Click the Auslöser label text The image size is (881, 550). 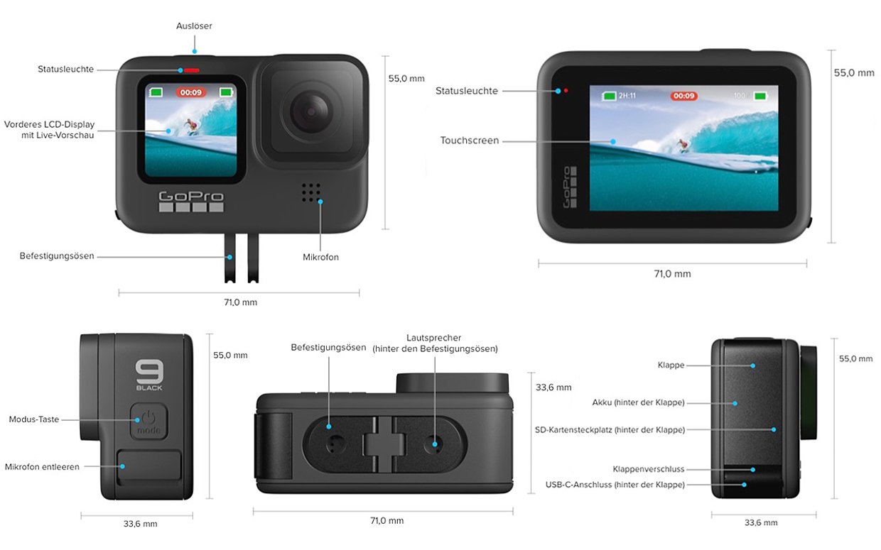point(194,26)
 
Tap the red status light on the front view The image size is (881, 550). point(192,70)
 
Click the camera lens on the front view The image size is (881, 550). point(310,112)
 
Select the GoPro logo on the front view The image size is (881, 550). point(191,201)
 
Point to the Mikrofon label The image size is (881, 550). point(320,258)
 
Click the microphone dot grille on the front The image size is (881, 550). point(310,192)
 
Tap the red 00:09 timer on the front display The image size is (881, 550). point(190,92)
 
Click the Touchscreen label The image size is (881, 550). point(469,141)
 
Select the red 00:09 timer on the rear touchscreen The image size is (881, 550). point(683,96)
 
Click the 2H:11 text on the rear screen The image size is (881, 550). point(627,96)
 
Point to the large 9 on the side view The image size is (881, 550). point(149,371)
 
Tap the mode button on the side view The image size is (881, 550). point(149,421)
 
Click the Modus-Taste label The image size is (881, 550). point(34,419)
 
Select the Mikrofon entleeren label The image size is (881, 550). point(42,467)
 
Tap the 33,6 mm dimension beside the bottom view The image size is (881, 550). point(553,387)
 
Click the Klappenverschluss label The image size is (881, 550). point(649,469)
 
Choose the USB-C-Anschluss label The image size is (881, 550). point(615,485)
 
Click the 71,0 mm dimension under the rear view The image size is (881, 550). point(672,274)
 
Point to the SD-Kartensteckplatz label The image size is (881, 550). point(610,430)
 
